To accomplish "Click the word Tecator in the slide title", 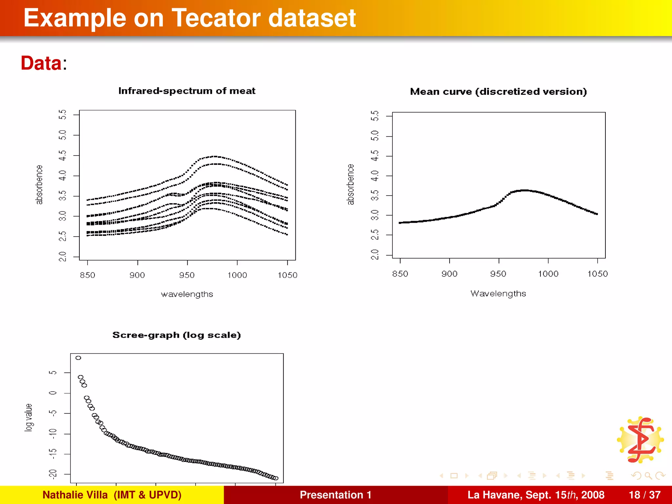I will (x=217, y=18).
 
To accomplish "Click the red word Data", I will (x=41, y=63).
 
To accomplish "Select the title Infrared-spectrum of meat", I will (x=187, y=91).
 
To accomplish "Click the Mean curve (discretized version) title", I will (x=498, y=92).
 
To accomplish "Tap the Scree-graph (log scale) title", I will (x=177, y=335).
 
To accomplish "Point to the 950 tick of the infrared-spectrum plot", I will (x=187, y=275).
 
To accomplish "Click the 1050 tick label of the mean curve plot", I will (x=597, y=274).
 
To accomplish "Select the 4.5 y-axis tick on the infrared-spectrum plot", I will (x=62, y=155).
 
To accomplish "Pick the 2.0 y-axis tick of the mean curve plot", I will (x=375, y=254).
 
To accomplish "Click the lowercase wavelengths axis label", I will (x=187, y=294).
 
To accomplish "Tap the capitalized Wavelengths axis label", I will (x=498, y=293).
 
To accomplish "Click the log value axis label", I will (x=29, y=417).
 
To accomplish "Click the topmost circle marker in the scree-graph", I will (x=78, y=358).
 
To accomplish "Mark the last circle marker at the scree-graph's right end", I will (x=276, y=478).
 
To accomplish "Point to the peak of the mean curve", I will (x=525, y=190).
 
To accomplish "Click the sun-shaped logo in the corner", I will (x=640, y=440).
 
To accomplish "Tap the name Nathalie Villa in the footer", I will (x=75, y=495).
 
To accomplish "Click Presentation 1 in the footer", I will (x=335, y=495).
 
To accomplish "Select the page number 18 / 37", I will (x=644, y=495).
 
